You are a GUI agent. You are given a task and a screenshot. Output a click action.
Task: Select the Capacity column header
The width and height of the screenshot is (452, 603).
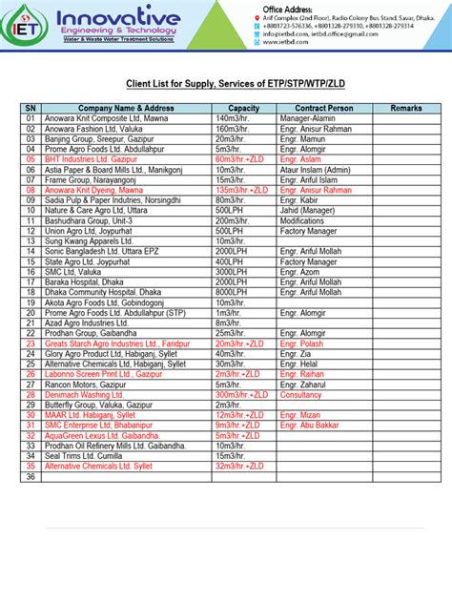click(244, 109)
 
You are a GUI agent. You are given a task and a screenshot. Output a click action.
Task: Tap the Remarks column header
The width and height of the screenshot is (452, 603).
click(406, 109)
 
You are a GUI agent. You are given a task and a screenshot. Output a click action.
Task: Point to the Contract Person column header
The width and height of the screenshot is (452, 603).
click(324, 109)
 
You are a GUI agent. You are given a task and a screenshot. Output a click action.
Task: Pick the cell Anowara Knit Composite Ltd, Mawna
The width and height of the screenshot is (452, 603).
click(107, 119)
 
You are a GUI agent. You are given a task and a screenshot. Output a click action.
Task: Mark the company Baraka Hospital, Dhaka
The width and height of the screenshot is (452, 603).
click(89, 282)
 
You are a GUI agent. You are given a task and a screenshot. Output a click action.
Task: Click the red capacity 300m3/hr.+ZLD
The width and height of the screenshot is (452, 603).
click(245, 394)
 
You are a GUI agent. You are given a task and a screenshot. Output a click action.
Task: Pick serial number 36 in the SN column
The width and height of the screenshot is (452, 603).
click(31, 476)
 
